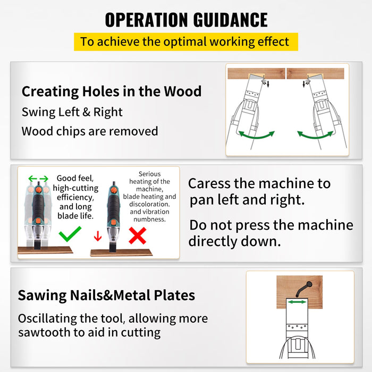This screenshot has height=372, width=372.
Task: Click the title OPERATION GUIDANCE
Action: point(186,20)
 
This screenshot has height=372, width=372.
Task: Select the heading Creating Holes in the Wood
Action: point(112,91)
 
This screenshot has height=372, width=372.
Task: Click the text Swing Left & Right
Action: point(72,112)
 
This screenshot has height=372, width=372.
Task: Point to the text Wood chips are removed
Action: point(90,131)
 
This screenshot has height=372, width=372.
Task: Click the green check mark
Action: point(70,234)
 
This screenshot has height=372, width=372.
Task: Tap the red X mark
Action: point(137,235)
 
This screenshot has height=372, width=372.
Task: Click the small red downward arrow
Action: point(97,236)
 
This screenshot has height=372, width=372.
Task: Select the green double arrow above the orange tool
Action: point(38,179)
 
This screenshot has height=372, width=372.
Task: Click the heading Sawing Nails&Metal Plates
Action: point(106,295)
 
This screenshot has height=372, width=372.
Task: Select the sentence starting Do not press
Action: point(271,233)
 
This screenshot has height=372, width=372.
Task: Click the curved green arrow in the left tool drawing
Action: point(256,135)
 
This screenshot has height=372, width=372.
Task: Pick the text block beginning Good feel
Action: point(75,197)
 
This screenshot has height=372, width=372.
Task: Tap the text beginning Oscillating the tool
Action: point(113,326)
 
